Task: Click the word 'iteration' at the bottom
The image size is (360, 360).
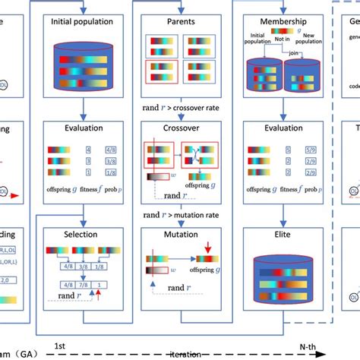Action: coord(187,353)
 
